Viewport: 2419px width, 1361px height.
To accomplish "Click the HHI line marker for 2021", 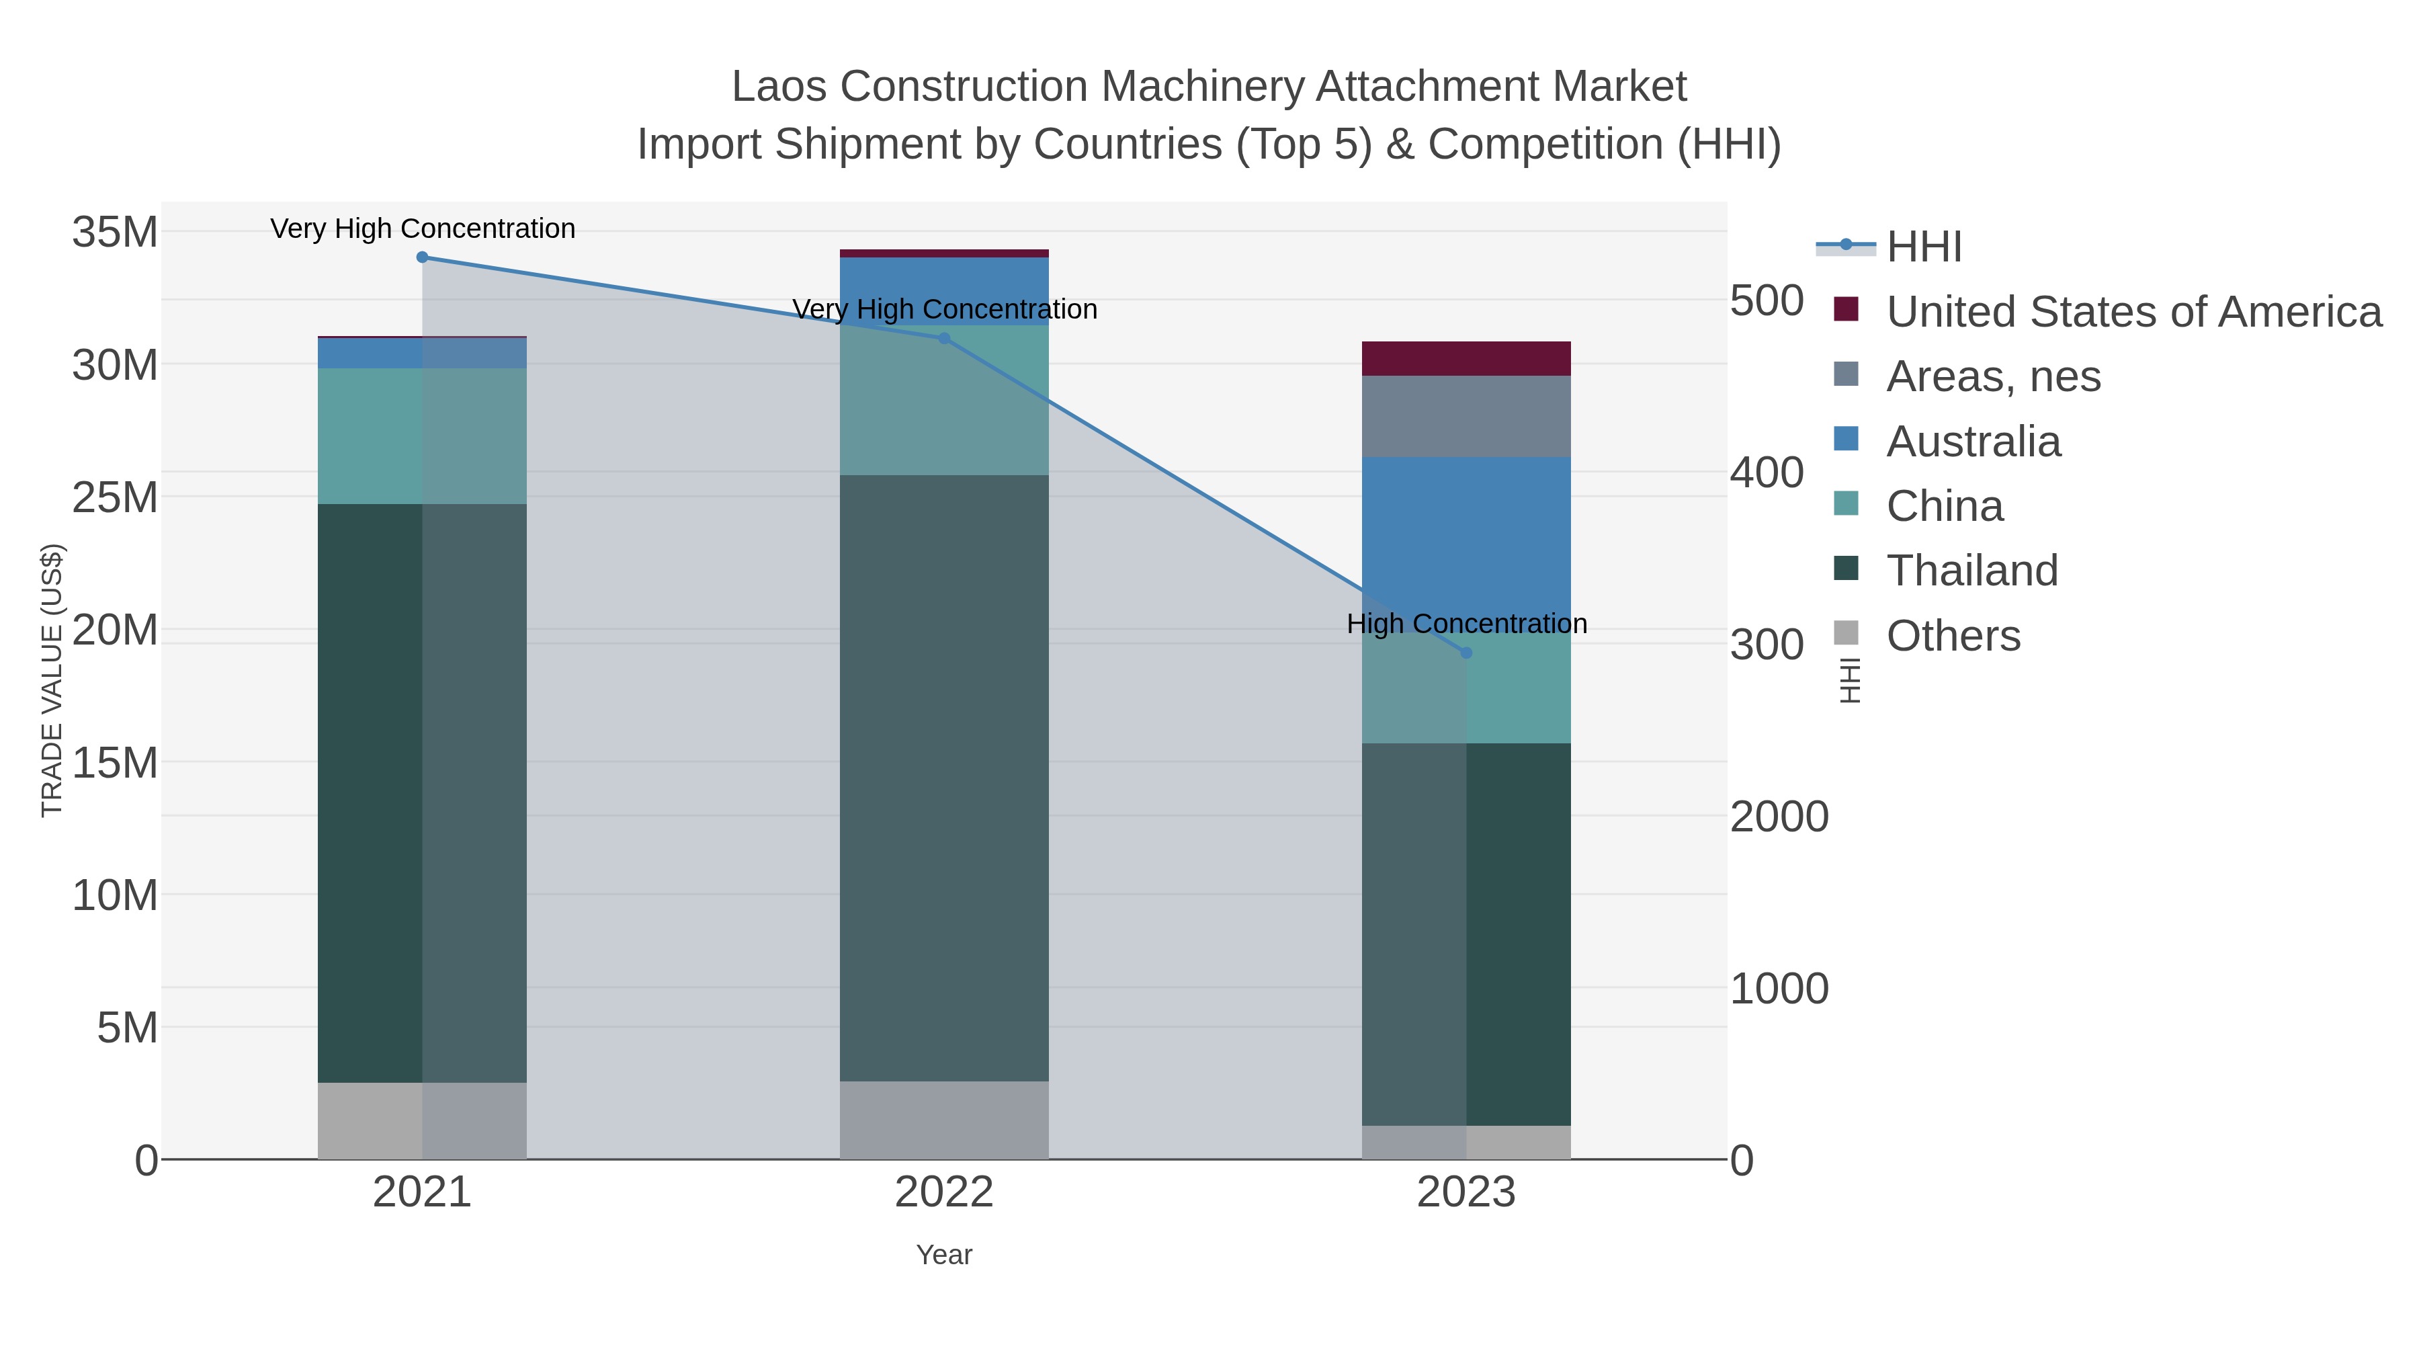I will (x=421, y=257).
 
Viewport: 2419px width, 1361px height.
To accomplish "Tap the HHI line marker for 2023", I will (x=1467, y=653).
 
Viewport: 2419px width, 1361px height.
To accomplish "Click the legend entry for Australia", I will (x=1973, y=442).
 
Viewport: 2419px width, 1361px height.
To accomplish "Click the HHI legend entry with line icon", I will (x=1923, y=247).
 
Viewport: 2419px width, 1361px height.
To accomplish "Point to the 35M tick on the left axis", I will (x=114, y=232).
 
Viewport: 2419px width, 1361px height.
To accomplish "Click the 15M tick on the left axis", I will (x=114, y=764).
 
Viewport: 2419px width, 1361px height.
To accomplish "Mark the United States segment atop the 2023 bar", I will (x=1466, y=359).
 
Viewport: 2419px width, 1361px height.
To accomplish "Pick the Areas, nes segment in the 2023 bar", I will (x=1466, y=417).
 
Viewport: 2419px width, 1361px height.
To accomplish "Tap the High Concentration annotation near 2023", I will (x=1467, y=624).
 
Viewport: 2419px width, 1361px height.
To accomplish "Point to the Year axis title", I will (x=944, y=1255).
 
